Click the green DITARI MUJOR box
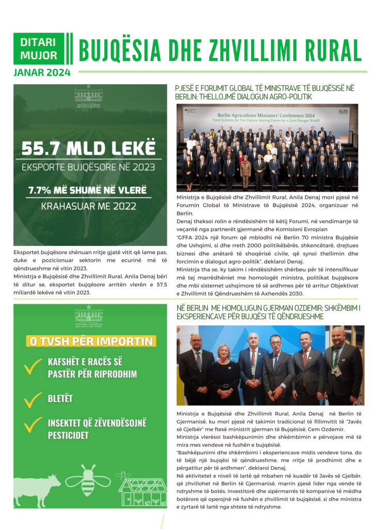39,49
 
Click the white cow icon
40,492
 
